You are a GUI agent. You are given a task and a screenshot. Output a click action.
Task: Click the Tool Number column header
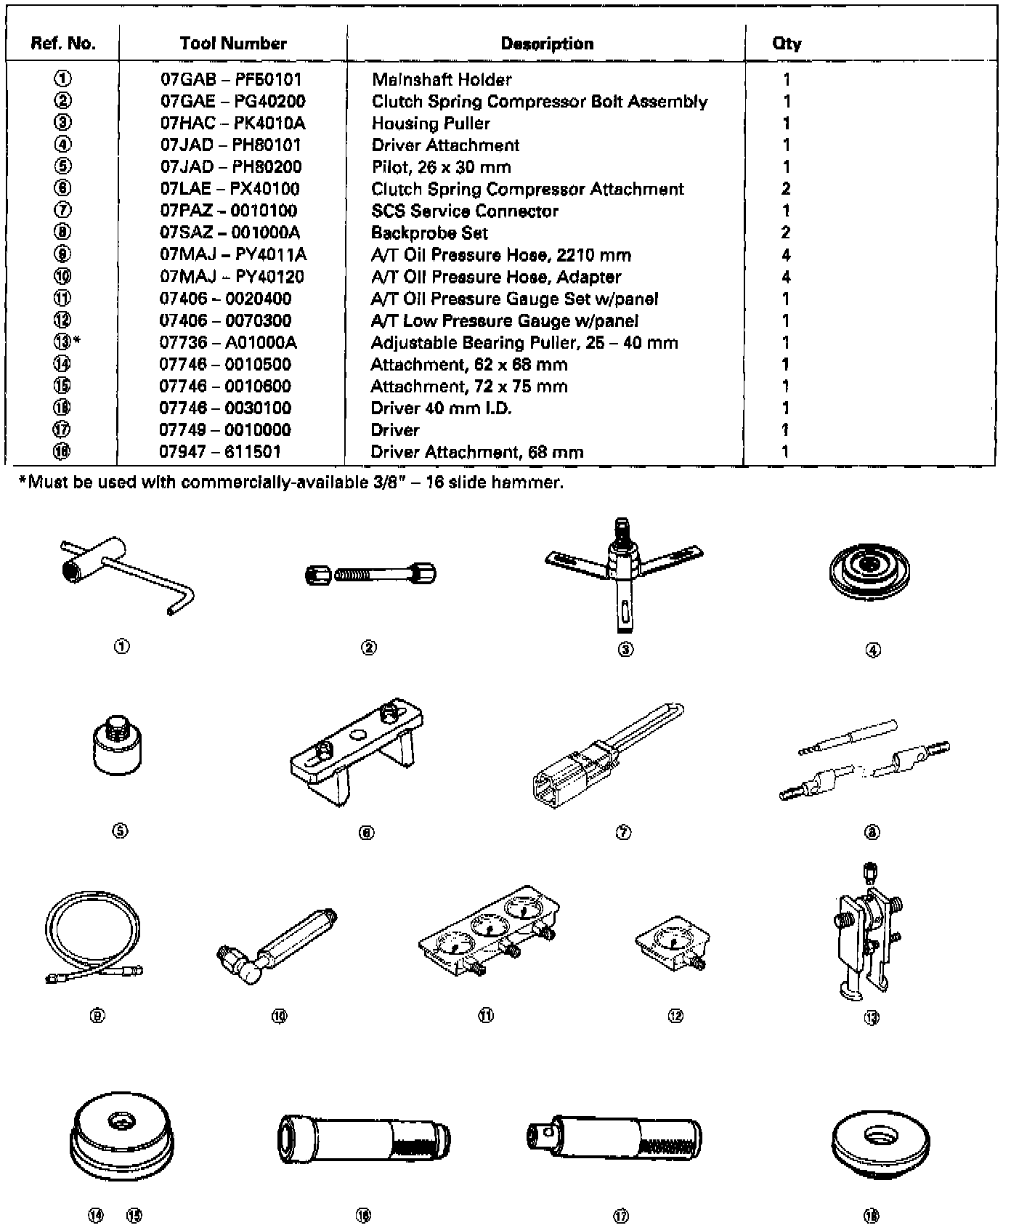(x=233, y=44)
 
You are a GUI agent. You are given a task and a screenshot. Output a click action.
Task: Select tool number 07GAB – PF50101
(x=231, y=79)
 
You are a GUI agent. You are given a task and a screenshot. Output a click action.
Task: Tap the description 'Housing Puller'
(x=431, y=124)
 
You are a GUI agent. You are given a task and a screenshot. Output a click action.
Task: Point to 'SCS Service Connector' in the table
(x=465, y=211)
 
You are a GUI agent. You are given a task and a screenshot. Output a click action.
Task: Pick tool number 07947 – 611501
(x=220, y=452)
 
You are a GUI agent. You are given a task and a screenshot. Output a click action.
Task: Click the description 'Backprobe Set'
(x=429, y=233)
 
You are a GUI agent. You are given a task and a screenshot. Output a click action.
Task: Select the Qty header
(x=787, y=44)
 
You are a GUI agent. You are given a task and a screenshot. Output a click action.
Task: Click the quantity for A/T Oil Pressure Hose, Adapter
(x=786, y=277)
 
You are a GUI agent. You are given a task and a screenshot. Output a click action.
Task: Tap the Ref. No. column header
(x=63, y=44)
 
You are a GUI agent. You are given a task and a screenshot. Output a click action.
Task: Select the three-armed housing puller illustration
(x=623, y=570)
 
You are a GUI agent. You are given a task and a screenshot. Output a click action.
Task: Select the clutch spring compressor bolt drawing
(x=370, y=575)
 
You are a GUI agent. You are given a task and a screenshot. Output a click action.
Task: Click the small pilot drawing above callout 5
(x=118, y=747)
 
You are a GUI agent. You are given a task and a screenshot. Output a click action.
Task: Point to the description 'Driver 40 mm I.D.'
(x=441, y=408)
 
